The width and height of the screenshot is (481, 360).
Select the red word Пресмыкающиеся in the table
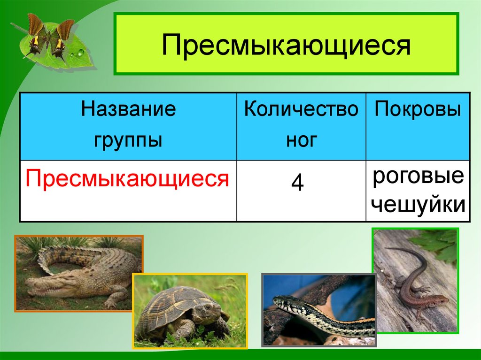127,179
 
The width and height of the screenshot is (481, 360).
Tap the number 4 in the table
297,183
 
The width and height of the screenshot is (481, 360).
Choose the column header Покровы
418,110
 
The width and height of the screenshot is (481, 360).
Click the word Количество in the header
301,110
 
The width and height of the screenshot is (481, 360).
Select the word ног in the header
301,139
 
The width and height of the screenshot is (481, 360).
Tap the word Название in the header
128,110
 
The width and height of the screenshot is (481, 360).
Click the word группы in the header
128,139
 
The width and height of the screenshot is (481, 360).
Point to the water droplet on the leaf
80,53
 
